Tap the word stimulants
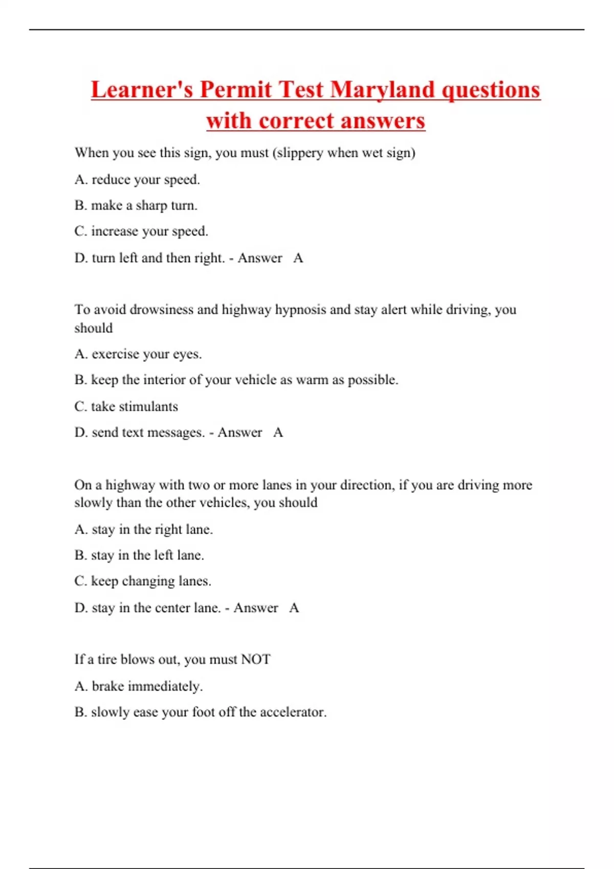click(135, 407)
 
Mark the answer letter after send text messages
click(278, 432)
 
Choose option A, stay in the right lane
click(144, 530)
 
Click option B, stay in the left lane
click(139, 555)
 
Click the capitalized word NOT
click(255, 659)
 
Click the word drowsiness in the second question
click(161, 310)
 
